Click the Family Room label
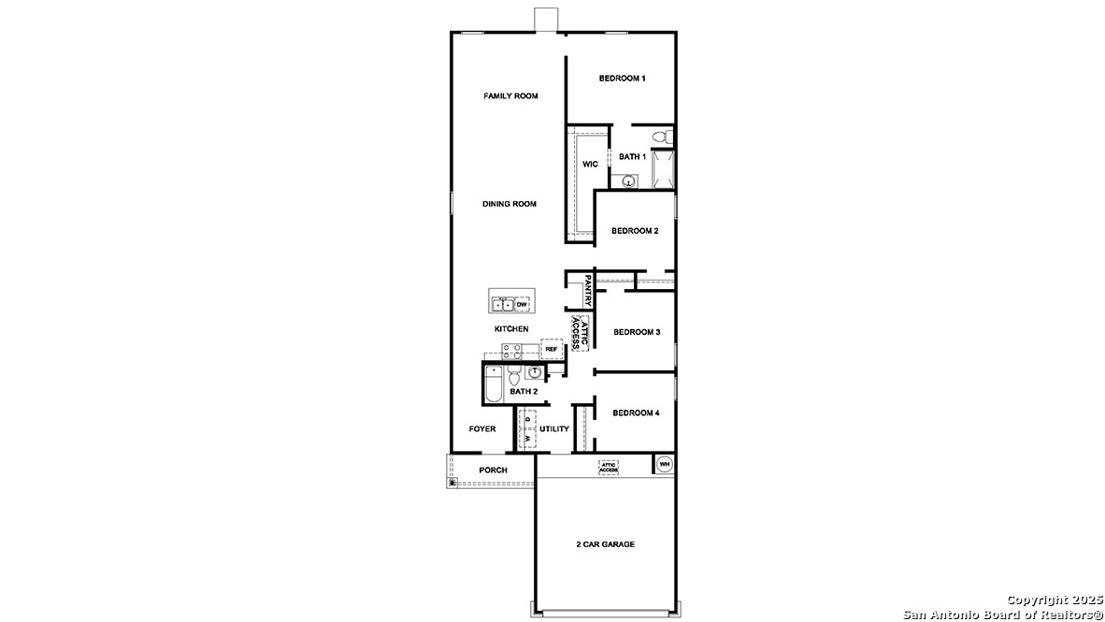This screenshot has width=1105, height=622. (x=510, y=96)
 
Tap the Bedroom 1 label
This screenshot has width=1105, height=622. (x=622, y=79)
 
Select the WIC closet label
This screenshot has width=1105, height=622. (x=590, y=165)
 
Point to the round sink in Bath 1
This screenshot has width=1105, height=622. (x=629, y=181)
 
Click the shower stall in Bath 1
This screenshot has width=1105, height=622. (x=663, y=169)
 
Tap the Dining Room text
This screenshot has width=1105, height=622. (x=509, y=204)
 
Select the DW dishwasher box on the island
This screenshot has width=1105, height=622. (x=522, y=305)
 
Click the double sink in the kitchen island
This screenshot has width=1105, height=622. (x=502, y=305)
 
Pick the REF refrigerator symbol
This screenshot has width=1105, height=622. (x=552, y=349)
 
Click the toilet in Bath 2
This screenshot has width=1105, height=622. (x=512, y=376)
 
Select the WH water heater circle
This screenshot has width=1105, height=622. (x=664, y=464)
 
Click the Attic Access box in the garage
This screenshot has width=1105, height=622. (x=609, y=466)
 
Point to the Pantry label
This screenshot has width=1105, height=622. (x=588, y=290)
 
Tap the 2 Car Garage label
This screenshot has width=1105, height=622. (x=605, y=544)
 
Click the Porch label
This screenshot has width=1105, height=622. (x=493, y=470)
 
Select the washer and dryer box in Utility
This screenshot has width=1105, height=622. (x=528, y=430)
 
